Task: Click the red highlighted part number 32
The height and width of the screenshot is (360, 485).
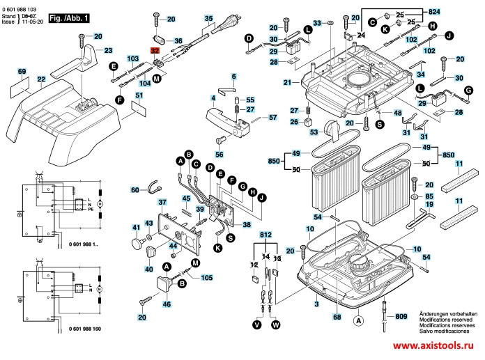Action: pyautogui.click(x=155, y=52)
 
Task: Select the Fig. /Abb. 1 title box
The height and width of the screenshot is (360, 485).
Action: pyautogui.click(x=70, y=17)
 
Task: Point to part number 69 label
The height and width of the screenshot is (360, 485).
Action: pyautogui.click(x=22, y=72)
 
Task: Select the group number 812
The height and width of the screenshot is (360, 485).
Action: pyautogui.click(x=265, y=237)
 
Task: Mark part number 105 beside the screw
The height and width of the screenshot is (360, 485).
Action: pyautogui.click(x=207, y=278)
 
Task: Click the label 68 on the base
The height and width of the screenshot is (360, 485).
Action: pyautogui.click(x=337, y=317)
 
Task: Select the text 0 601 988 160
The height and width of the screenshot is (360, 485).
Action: pyautogui.click(x=84, y=328)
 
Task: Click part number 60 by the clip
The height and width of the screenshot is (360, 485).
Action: pyautogui.click(x=135, y=189)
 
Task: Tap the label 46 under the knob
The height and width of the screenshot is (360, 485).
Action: pyautogui.click(x=166, y=305)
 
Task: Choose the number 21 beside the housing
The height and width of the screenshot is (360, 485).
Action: pyautogui.click(x=286, y=83)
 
